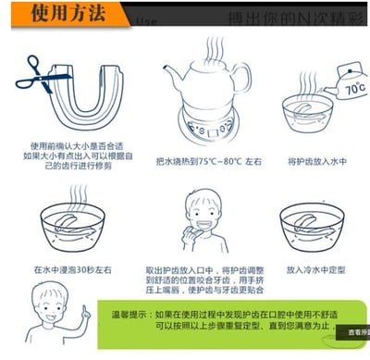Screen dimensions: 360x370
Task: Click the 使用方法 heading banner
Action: pyautogui.click(x=65, y=15)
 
